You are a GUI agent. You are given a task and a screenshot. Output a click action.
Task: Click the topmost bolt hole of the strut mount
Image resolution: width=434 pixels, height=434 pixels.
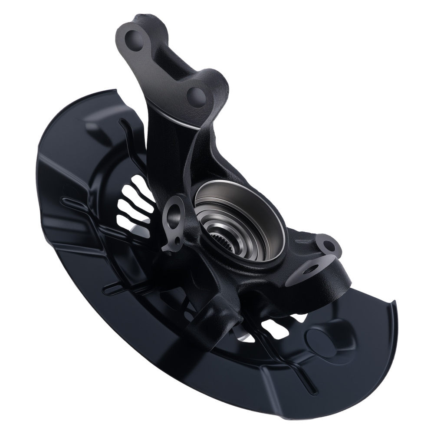point(133,39)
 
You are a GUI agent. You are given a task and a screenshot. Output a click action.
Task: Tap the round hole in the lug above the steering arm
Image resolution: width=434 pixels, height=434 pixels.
point(329,246)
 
